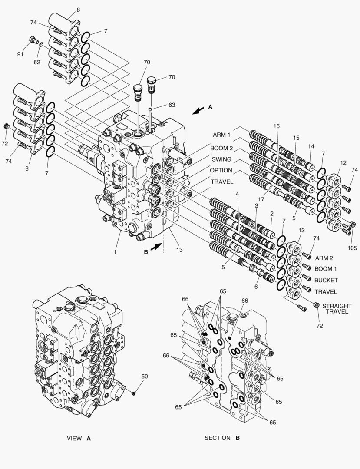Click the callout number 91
tap(20, 55)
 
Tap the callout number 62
tap(37, 62)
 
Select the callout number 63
tap(172, 105)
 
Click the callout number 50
tap(145, 376)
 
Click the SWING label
tap(221, 159)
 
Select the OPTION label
tap(221, 170)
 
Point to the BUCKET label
tap(326, 280)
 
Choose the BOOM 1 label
tap(326, 269)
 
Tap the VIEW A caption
tap(79, 438)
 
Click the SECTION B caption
tap(222, 438)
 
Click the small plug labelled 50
tap(134, 393)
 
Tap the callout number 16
tap(276, 126)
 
